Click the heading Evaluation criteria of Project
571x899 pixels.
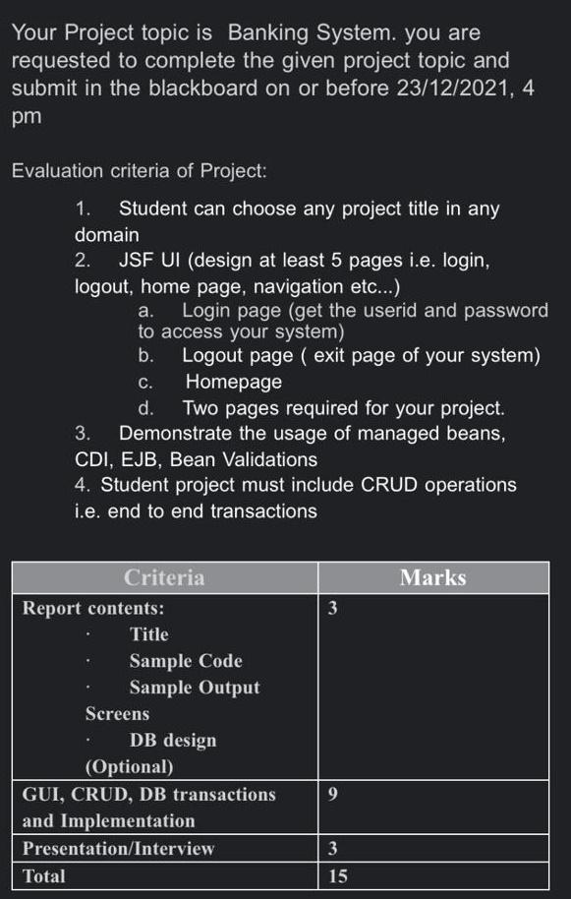coord(139,170)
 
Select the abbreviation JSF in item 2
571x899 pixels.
coord(140,261)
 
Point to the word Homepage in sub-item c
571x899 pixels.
coord(234,381)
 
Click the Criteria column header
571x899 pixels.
coord(164,577)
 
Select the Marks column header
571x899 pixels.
coord(433,577)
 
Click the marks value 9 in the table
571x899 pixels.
coord(333,794)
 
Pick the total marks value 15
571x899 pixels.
coord(337,875)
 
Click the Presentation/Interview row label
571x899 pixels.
coord(118,848)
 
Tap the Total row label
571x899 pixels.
coord(44,875)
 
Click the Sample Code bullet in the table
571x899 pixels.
coord(186,661)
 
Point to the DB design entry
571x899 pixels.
coord(173,740)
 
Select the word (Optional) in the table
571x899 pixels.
coord(130,766)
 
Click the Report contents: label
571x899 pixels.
coord(93,608)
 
